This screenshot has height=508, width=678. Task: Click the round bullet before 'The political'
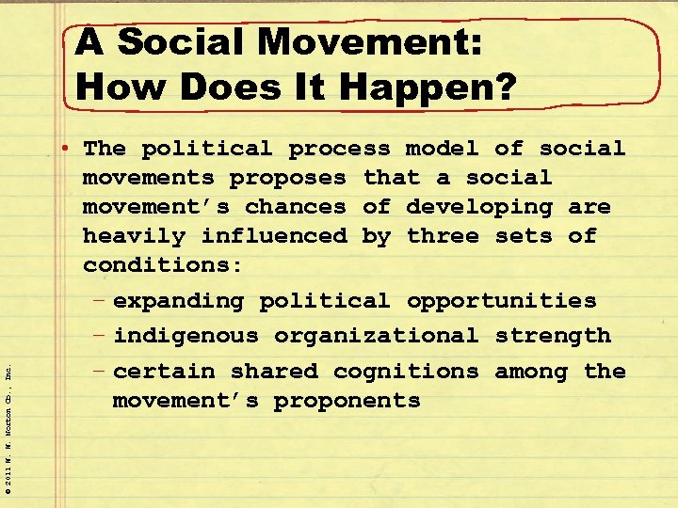(x=72, y=149)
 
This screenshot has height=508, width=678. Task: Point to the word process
(x=339, y=149)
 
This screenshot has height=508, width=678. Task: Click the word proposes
(x=288, y=178)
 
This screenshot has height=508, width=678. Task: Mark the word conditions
(x=163, y=265)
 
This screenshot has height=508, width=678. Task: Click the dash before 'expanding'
(x=99, y=301)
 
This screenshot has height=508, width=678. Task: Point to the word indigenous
(x=186, y=336)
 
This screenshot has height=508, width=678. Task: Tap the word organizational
(x=376, y=336)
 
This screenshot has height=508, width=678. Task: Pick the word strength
(x=553, y=336)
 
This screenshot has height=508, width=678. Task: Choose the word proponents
(x=347, y=401)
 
